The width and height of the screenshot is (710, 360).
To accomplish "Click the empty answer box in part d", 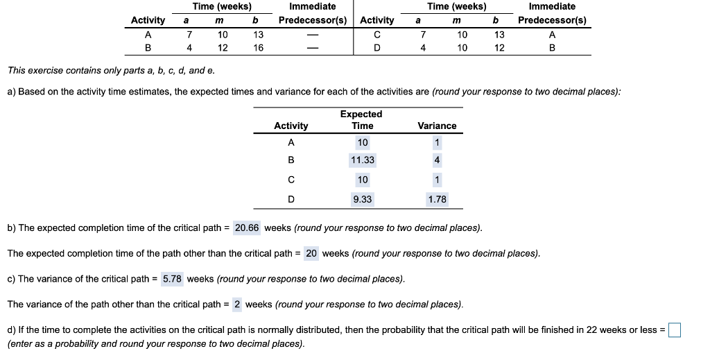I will coord(674,330).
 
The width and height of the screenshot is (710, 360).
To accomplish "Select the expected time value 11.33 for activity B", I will coord(362,160).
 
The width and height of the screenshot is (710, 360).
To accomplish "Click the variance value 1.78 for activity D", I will coord(437,200).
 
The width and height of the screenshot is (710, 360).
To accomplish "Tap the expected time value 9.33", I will coord(362,200).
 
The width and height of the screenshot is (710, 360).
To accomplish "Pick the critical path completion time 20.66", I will coord(247,228).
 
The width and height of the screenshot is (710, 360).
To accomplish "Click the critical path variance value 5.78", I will coord(172,279).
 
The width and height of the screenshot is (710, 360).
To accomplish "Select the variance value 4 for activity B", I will coord(437,160).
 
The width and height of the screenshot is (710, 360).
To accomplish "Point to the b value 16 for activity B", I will coord(258,48).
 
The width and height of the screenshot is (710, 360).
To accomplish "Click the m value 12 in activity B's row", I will coord(222,48).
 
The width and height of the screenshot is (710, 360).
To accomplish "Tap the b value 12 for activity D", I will coord(499,48).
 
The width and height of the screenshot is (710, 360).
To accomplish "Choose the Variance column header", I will coord(437,126).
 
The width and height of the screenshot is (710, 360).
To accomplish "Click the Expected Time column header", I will coord(362,119).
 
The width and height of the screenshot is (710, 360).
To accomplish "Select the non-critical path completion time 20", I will coord(311,253).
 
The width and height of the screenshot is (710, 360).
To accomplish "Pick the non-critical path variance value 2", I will coord(237,305).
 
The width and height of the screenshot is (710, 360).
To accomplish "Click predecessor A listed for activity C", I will coord(552,34).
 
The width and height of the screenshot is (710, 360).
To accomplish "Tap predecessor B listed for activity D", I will coord(552,48).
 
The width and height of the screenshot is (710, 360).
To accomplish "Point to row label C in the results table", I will coord(291,180).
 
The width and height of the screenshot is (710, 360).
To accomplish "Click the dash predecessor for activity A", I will coord(312,34).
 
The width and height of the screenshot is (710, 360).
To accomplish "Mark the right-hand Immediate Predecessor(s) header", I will coord(552,13).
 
